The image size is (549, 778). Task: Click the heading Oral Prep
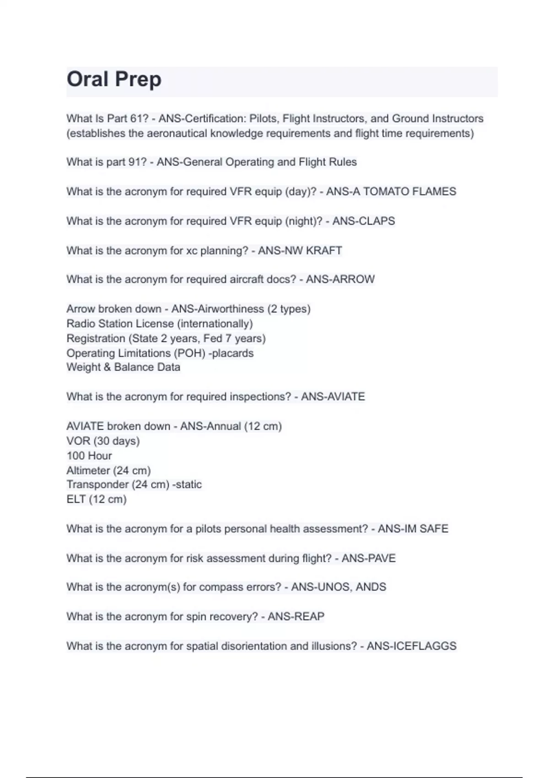(114, 79)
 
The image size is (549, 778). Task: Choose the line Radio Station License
(159, 324)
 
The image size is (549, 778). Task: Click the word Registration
(96, 339)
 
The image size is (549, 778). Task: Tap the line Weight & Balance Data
(123, 367)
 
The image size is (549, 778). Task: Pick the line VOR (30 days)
(103, 441)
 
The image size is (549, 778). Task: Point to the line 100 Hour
(89, 456)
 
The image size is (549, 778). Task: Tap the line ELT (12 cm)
(96, 499)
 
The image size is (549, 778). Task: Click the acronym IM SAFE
(426, 529)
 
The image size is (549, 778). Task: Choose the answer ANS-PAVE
(368, 558)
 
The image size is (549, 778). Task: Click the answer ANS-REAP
(296, 617)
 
